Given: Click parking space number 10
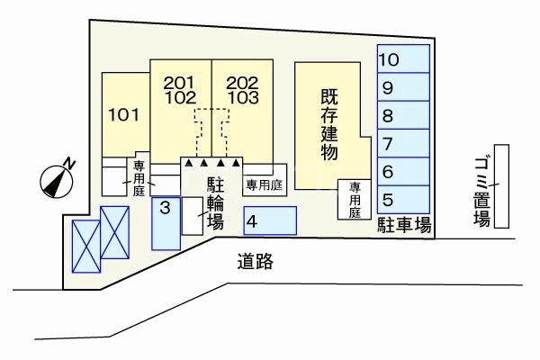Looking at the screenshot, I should [x=403, y=61].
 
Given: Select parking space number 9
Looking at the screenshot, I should [x=403, y=88].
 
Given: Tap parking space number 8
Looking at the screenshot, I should [x=403, y=115].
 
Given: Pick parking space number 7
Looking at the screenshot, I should [x=403, y=143].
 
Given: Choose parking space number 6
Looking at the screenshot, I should [x=403, y=171].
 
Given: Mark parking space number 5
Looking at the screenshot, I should [x=403, y=199].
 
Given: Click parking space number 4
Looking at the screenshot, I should [x=269, y=220].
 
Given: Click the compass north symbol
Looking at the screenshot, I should [x=58, y=178].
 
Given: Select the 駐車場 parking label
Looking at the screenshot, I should [x=404, y=225].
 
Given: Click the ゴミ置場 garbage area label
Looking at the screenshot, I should [x=482, y=190].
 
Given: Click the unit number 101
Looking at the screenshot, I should [x=123, y=115].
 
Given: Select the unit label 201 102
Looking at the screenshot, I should [x=180, y=90].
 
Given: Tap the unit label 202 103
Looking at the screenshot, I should [x=242, y=88].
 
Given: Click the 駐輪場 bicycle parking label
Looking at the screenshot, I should [x=215, y=203].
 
